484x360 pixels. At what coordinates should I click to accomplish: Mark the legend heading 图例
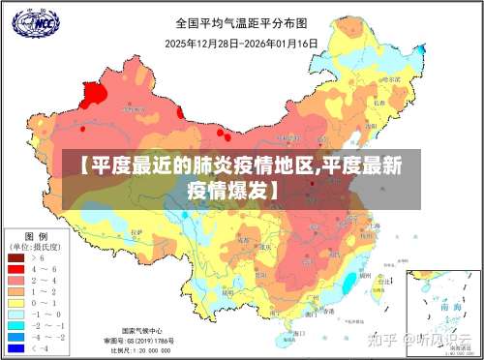pyautogui.click(x=36, y=236)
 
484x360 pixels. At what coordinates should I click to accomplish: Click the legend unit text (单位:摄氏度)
pyautogui.click(x=36, y=247)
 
